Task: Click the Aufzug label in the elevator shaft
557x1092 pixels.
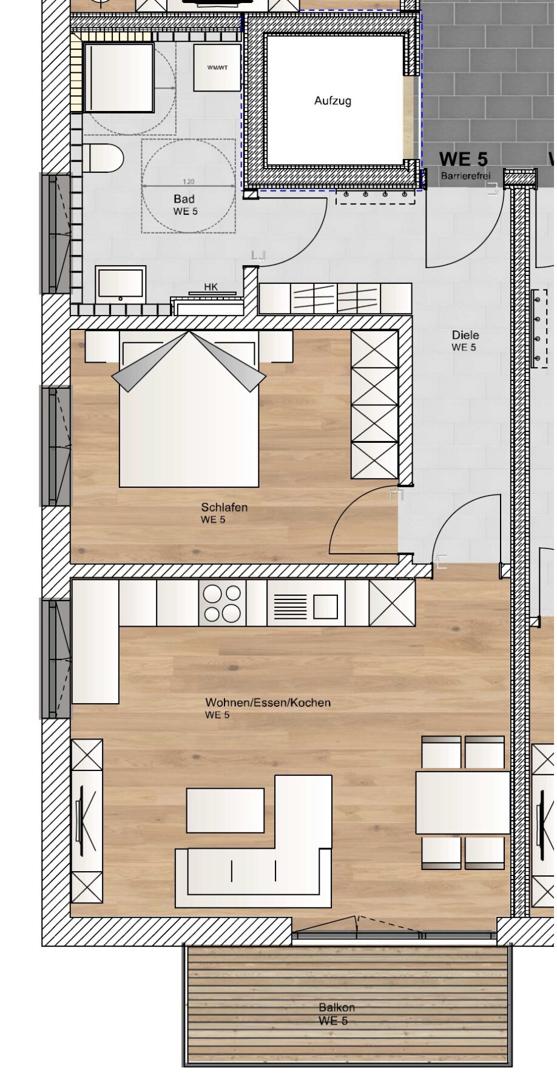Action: (333, 101)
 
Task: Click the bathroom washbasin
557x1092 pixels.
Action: (120, 284)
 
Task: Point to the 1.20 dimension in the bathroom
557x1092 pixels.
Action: (188, 181)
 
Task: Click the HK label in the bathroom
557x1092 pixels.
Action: (211, 287)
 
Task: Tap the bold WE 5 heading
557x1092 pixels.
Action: (463, 159)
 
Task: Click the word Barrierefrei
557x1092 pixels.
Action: (465, 176)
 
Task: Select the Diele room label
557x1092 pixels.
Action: (465, 335)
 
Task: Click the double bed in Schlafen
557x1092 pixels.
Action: (189, 413)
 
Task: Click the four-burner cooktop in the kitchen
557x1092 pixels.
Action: (222, 603)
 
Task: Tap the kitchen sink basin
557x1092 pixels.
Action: (325, 607)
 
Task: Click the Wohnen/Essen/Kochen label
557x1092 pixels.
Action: (268, 703)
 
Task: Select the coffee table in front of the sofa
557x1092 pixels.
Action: (225, 811)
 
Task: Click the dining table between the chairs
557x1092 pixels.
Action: (462, 802)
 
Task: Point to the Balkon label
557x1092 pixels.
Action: (337, 1007)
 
